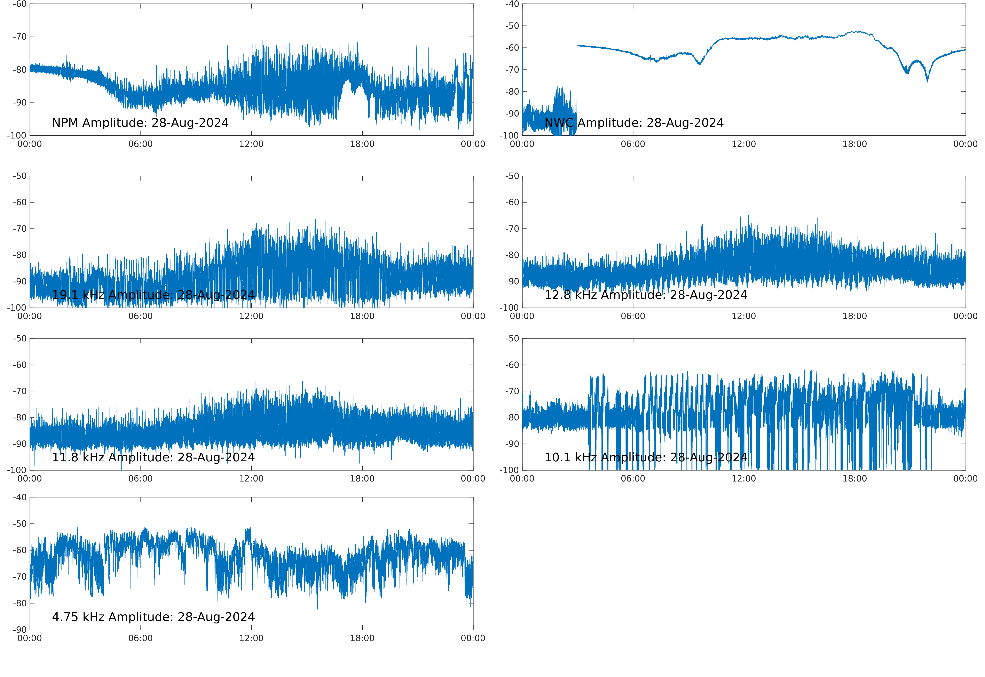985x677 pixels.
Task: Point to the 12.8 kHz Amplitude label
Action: [x=646, y=295]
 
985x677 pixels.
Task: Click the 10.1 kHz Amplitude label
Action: [x=646, y=457]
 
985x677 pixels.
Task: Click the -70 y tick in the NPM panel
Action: [x=19, y=37]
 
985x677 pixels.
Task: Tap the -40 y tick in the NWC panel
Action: [x=512, y=4]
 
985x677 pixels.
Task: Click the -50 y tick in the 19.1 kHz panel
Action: [x=19, y=176]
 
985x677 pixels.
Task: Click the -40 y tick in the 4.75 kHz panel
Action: [x=19, y=497]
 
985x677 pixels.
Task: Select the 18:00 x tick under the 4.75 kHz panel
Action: [x=362, y=638]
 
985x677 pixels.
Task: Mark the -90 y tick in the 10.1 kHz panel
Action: [x=512, y=444]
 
